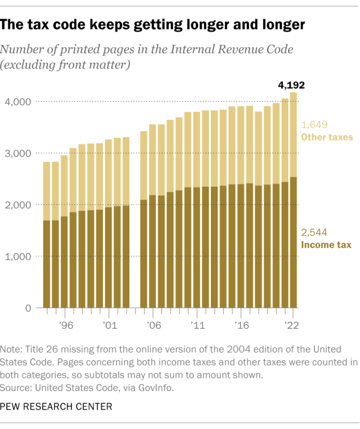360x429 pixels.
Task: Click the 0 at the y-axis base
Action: pos(27,308)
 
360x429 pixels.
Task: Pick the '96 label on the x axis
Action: pos(66,324)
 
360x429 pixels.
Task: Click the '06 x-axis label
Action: pos(153,324)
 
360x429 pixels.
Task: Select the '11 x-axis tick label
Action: pos(197,324)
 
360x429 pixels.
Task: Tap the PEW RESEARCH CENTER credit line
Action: pos(55,406)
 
